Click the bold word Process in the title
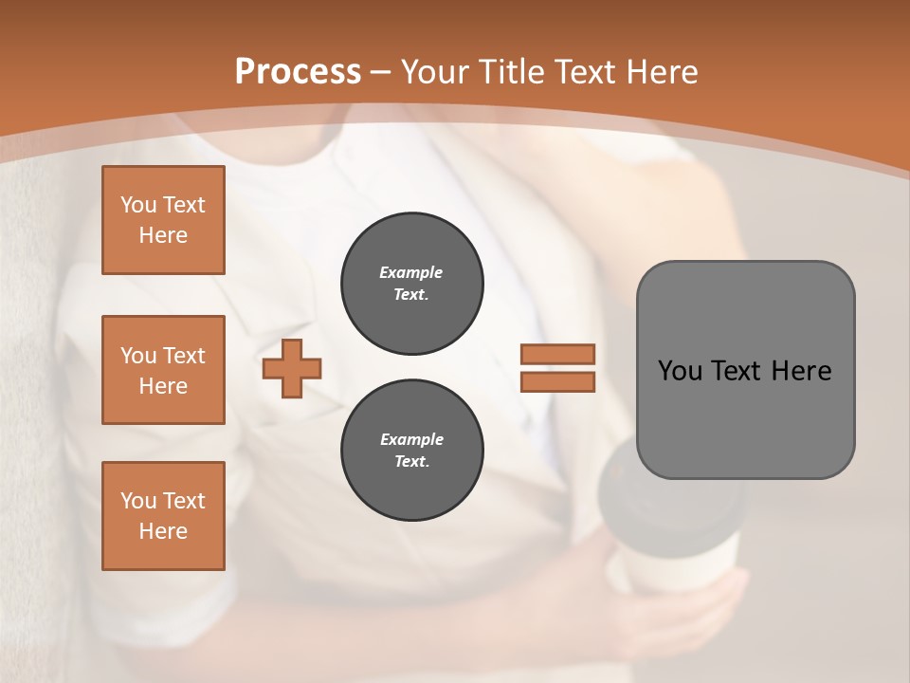(298, 72)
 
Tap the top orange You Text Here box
(163, 220)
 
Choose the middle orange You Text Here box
(163, 370)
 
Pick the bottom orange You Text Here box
(163, 516)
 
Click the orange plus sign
(292, 368)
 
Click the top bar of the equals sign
(557, 354)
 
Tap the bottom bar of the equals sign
(557, 381)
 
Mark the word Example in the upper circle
(411, 272)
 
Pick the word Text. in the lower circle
(411, 462)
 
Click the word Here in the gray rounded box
(801, 371)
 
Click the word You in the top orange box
(138, 205)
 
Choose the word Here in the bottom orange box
(163, 531)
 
